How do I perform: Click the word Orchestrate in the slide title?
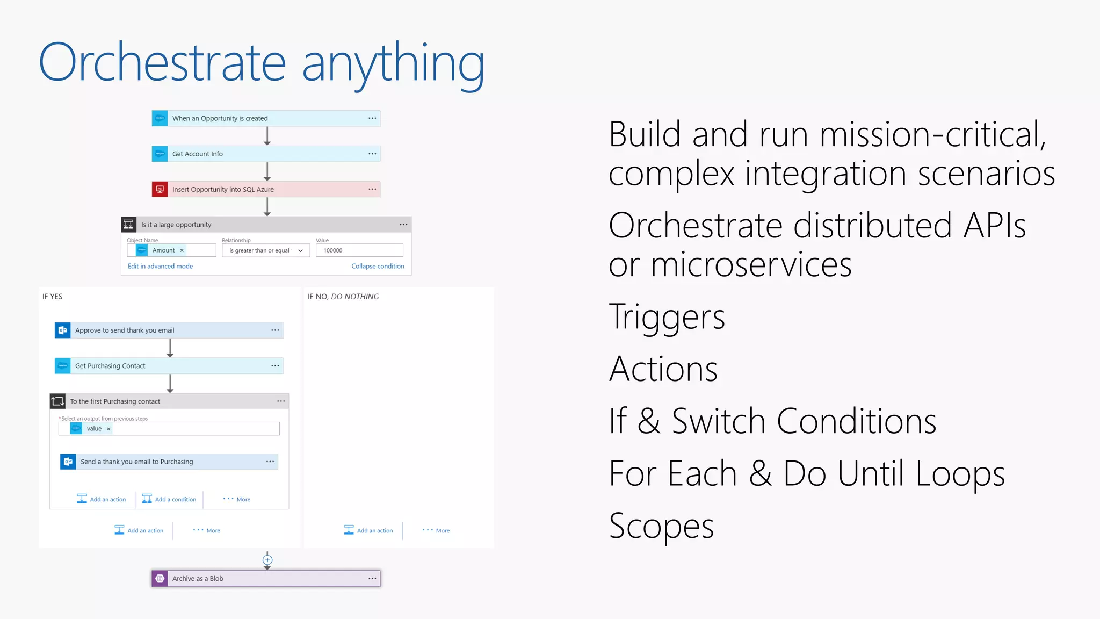pyautogui.click(x=162, y=63)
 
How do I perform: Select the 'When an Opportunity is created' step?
pyautogui.click(x=220, y=118)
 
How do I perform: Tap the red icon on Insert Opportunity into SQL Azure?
pyautogui.click(x=160, y=189)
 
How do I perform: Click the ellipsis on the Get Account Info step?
pyautogui.click(x=372, y=154)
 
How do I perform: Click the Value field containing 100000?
pyautogui.click(x=359, y=250)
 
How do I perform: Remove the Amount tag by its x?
pyautogui.click(x=182, y=250)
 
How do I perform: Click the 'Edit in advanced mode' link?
pyautogui.click(x=160, y=266)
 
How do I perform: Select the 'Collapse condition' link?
pyautogui.click(x=378, y=266)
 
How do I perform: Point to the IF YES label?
pyautogui.click(x=53, y=297)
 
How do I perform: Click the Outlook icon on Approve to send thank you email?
pyautogui.click(x=63, y=330)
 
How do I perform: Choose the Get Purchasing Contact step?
pyautogui.click(x=110, y=366)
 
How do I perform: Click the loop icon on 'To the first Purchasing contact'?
pyautogui.click(x=57, y=401)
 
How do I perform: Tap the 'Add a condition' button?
pyautogui.click(x=169, y=499)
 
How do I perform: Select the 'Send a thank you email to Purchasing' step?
pyautogui.click(x=137, y=462)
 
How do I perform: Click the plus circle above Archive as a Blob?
pyautogui.click(x=267, y=560)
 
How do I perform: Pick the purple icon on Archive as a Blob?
pyautogui.click(x=160, y=579)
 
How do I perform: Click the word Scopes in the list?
pyautogui.click(x=661, y=526)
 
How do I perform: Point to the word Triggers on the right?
pyautogui.click(x=667, y=316)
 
